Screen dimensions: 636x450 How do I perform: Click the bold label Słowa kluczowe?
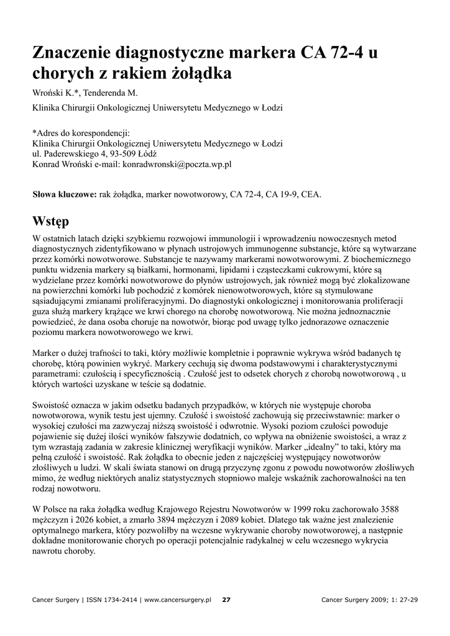tap(64, 194)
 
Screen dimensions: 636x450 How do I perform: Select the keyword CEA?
tap(311, 194)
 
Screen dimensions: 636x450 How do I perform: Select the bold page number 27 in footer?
tap(226, 600)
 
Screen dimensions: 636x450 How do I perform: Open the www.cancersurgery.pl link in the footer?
tap(178, 600)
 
